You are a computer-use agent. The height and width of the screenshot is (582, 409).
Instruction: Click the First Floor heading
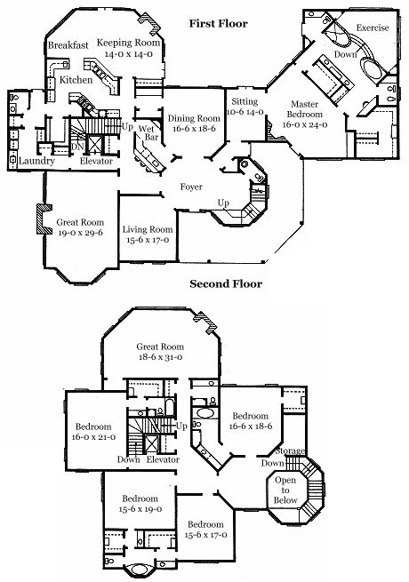[x=219, y=23]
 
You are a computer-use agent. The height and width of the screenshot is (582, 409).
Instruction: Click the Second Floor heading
[x=226, y=284]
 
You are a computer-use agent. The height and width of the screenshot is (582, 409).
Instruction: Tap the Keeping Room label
[x=128, y=43]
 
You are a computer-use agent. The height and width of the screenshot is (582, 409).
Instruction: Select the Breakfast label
[x=68, y=45]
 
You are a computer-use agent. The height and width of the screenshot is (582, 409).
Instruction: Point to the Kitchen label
[x=76, y=80]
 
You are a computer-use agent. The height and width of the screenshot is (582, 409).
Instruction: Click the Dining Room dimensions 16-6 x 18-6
[x=194, y=129]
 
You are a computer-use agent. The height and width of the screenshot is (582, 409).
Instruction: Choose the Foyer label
[x=191, y=187]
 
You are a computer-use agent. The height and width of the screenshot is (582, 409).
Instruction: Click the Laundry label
[x=36, y=161]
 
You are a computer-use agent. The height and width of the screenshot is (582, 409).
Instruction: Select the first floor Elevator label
[x=96, y=161]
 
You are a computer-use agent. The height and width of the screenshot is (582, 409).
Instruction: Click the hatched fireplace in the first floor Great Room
[x=44, y=219]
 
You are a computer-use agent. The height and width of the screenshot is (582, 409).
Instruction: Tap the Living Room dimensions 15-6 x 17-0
[x=148, y=240]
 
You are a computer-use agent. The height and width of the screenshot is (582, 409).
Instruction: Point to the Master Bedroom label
[x=305, y=109]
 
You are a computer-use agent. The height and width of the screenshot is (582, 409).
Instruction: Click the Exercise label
[x=373, y=28]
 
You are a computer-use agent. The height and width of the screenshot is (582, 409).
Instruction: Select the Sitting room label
[x=245, y=101]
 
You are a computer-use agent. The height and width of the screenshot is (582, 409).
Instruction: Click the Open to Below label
[x=285, y=490]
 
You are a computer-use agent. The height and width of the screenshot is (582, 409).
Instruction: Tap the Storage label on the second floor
[x=290, y=451]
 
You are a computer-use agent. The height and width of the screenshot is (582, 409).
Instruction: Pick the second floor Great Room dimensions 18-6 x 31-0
[x=160, y=357]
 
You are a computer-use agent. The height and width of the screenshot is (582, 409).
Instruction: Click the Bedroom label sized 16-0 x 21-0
[x=93, y=427]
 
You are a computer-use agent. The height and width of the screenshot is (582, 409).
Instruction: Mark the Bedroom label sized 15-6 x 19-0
[x=140, y=498]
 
